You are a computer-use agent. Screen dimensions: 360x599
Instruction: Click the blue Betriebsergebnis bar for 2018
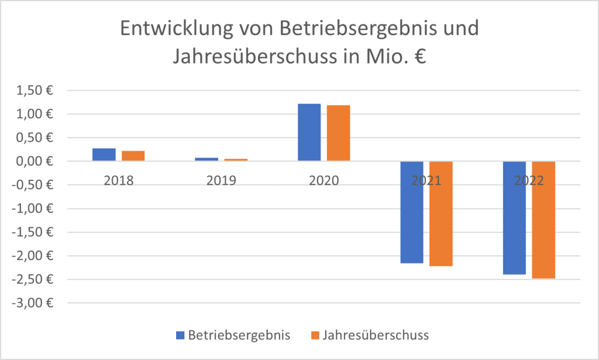[x=104, y=155]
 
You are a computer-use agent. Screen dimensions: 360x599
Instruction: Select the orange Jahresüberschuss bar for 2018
[x=133, y=156]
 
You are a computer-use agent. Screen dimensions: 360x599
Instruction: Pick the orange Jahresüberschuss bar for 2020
[x=338, y=133]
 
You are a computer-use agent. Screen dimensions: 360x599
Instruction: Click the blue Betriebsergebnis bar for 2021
[x=412, y=212]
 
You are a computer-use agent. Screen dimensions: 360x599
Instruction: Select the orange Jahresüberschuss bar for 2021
[x=440, y=214]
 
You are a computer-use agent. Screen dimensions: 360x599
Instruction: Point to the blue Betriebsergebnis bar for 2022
[x=514, y=218]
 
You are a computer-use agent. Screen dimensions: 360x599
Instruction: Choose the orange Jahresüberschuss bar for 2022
[x=543, y=220]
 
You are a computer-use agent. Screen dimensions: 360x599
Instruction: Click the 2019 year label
[x=221, y=180]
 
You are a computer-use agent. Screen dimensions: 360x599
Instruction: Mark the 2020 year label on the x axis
[x=323, y=180]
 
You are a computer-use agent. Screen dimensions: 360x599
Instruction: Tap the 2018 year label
[x=119, y=180]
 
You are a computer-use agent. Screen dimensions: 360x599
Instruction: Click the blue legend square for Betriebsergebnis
[x=180, y=335]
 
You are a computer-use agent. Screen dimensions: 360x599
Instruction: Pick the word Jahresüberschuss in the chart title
[x=246, y=57]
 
